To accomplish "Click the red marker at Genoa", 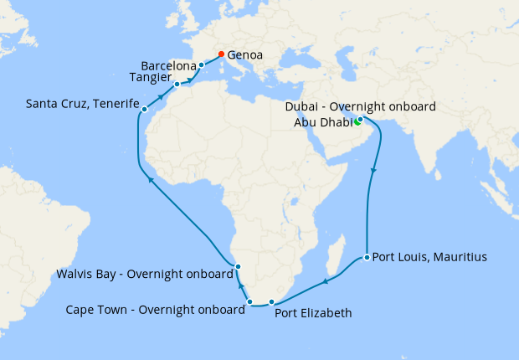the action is (221, 54).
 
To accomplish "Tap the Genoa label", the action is (245, 55).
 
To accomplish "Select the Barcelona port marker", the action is (202, 64).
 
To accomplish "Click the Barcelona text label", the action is (169, 65).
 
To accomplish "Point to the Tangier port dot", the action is (177, 85).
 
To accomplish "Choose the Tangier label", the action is (151, 77).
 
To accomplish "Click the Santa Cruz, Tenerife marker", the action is (145, 110).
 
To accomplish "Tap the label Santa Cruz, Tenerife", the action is (81, 105).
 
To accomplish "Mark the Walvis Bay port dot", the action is (239, 267).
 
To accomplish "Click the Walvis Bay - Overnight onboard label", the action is (144, 274).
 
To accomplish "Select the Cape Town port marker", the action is (250, 301).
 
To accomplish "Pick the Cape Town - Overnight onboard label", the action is (155, 309).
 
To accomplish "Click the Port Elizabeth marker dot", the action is (271, 301).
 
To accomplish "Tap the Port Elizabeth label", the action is (313, 314).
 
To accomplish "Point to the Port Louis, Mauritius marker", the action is (367, 257).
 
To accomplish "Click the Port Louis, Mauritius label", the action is (429, 257).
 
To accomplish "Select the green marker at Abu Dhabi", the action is (357, 124).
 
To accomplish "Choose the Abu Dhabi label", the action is (322, 123).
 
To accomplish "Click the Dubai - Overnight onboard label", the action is (362, 107).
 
